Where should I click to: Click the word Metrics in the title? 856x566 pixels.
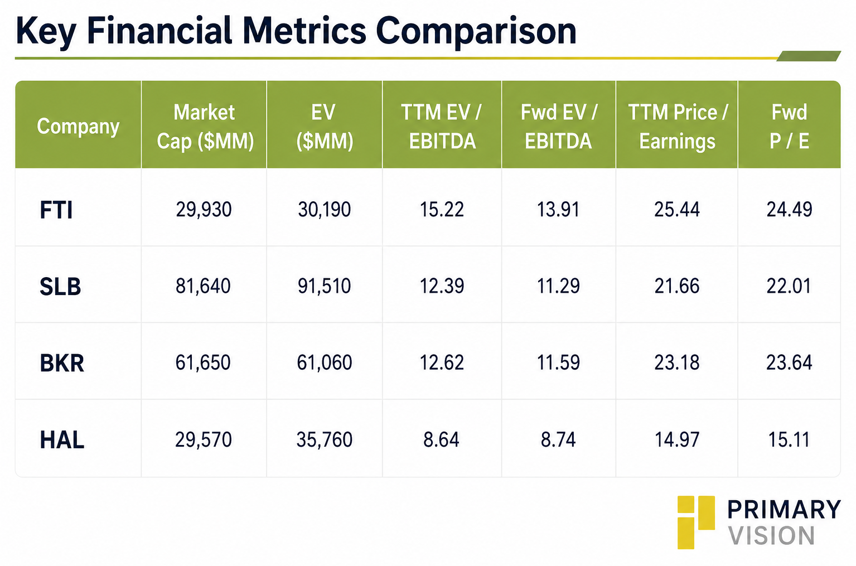pyautogui.click(x=304, y=31)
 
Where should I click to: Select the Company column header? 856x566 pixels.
pyautogui.click(x=78, y=127)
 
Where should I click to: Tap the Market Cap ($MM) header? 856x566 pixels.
pyautogui.click(x=205, y=127)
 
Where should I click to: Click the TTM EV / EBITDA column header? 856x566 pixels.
pyautogui.click(x=441, y=127)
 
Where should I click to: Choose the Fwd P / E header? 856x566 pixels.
pyautogui.click(x=789, y=127)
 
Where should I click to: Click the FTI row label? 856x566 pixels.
pyautogui.click(x=56, y=210)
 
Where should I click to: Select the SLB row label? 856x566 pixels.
pyautogui.click(x=60, y=287)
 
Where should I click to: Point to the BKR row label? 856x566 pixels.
pyautogui.click(x=62, y=363)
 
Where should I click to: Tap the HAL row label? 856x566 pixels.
pyautogui.click(x=62, y=440)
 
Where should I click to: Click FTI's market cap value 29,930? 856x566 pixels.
pyautogui.click(x=204, y=210)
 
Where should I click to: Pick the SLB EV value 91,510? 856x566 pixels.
pyautogui.click(x=324, y=286)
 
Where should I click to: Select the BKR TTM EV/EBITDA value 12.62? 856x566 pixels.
pyautogui.click(x=441, y=362)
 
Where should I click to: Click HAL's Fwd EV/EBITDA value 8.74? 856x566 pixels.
pyautogui.click(x=558, y=439)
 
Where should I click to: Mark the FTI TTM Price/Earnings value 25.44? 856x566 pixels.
pyautogui.click(x=677, y=210)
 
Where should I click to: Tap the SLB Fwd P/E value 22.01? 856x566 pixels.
pyautogui.click(x=789, y=286)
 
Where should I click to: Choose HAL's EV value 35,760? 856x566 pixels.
pyautogui.click(x=325, y=439)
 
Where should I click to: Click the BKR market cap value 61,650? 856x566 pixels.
pyautogui.click(x=203, y=362)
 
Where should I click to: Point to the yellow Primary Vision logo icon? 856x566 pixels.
pyautogui.click(x=696, y=522)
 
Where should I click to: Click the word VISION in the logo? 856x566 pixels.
pyautogui.click(x=771, y=535)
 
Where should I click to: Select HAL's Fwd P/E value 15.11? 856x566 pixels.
pyautogui.click(x=789, y=439)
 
